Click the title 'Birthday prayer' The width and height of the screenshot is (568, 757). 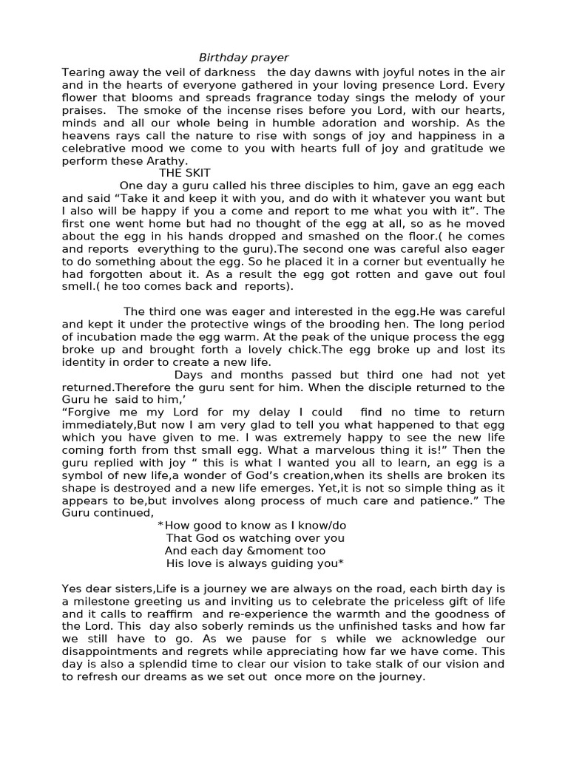(243, 58)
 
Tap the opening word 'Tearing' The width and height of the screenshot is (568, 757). (84, 72)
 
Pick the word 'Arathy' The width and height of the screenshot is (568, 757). (167, 160)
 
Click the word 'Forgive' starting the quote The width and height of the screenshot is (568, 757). (87, 413)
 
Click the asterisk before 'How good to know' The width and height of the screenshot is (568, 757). (160, 525)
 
